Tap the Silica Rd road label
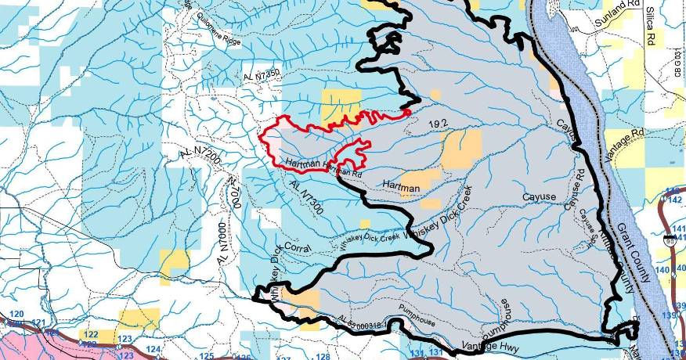tap(650, 25)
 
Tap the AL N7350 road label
tap(262, 75)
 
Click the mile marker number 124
tap(154, 349)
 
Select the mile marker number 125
tap(206, 357)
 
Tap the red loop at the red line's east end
tap(407, 113)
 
